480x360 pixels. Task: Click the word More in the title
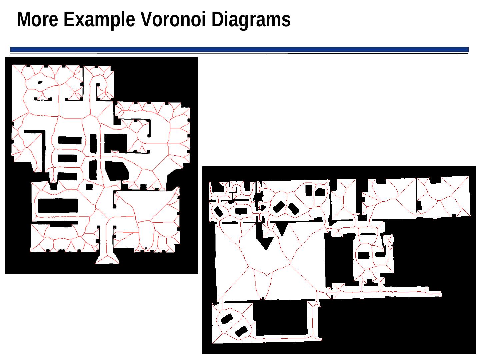(37, 19)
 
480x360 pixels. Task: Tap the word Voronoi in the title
(173, 19)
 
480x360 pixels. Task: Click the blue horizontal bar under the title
(239, 49)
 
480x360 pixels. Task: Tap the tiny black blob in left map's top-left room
(40, 82)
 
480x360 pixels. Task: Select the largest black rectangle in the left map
(58, 206)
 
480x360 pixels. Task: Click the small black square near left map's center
(89, 187)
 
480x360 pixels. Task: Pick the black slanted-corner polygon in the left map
(117, 171)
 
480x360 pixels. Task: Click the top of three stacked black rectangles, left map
(70, 140)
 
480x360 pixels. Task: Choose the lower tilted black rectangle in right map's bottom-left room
(241, 331)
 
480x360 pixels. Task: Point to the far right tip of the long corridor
(441, 294)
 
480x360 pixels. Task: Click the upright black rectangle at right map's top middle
(309, 190)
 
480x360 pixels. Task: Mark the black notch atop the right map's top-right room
(435, 180)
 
